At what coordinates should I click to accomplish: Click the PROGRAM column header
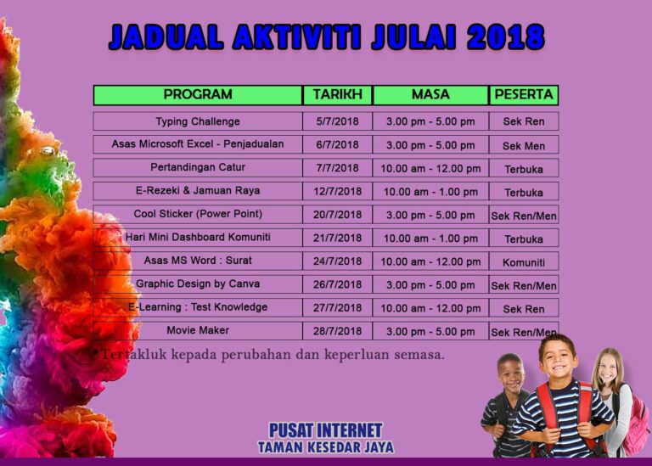(198, 95)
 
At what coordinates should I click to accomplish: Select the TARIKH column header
(337, 95)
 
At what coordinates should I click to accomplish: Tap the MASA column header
(430, 95)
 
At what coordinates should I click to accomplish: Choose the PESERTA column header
(524, 95)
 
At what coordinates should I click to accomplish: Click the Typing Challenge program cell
(198, 121)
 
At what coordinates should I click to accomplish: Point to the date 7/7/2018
(337, 168)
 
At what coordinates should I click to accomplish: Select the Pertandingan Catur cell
(198, 167)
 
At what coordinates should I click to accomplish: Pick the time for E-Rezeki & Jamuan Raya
(430, 192)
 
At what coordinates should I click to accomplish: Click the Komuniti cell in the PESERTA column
(524, 262)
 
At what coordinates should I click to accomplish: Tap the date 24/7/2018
(337, 261)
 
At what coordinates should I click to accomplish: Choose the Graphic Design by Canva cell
(198, 284)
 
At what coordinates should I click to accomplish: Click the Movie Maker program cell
(198, 330)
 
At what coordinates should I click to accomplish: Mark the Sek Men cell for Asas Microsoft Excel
(524, 145)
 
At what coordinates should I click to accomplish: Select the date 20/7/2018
(337, 215)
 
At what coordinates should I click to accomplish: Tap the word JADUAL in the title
(166, 36)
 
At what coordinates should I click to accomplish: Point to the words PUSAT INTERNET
(326, 430)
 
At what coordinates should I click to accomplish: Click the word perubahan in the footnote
(256, 355)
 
